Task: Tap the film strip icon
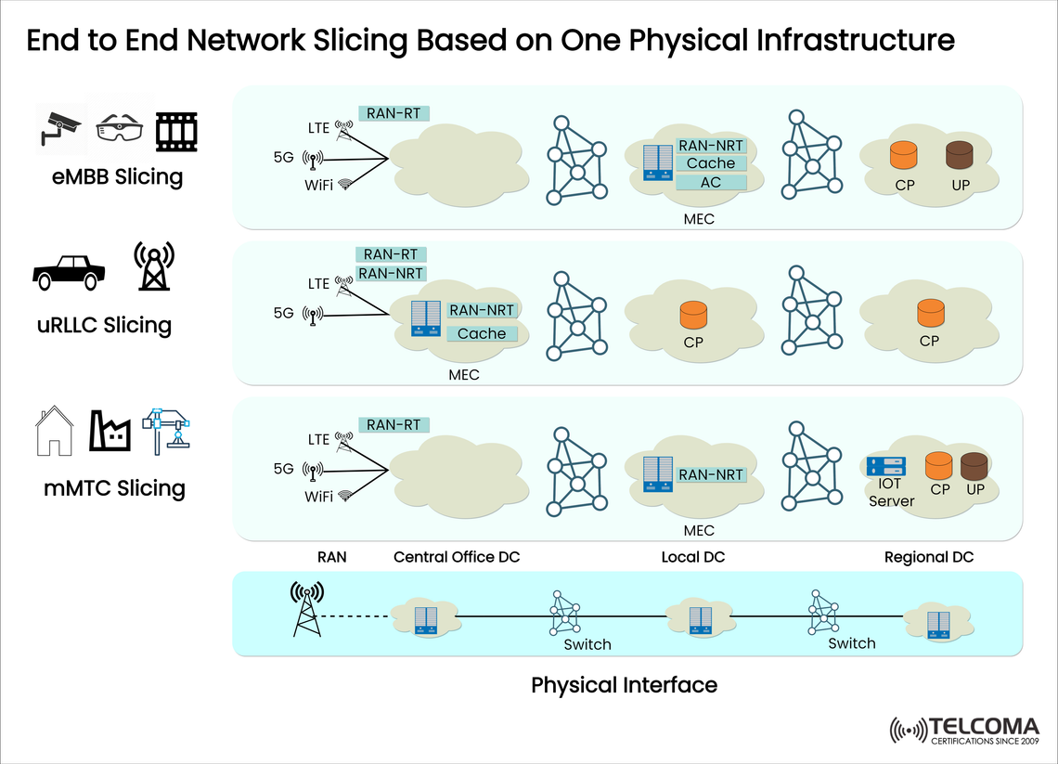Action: tap(176, 131)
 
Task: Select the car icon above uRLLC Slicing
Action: tap(68, 271)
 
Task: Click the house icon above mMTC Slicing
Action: tap(54, 432)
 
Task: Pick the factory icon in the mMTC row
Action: tap(109, 433)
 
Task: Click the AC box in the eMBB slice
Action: tap(711, 182)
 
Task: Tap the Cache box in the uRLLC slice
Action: tap(482, 333)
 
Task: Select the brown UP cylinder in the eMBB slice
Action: tap(961, 155)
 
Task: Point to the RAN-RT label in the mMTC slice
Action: tap(394, 424)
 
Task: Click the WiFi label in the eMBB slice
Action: tap(319, 184)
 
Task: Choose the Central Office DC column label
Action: tap(457, 557)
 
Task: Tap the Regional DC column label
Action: tap(929, 557)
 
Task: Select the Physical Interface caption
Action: tap(624, 685)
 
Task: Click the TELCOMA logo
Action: tap(965, 730)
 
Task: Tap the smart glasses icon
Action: tap(121, 131)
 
